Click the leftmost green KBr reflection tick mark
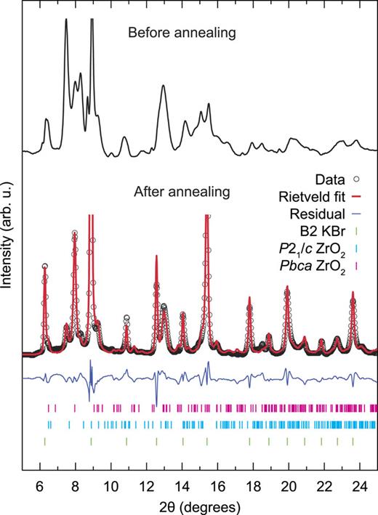pos(45,441)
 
